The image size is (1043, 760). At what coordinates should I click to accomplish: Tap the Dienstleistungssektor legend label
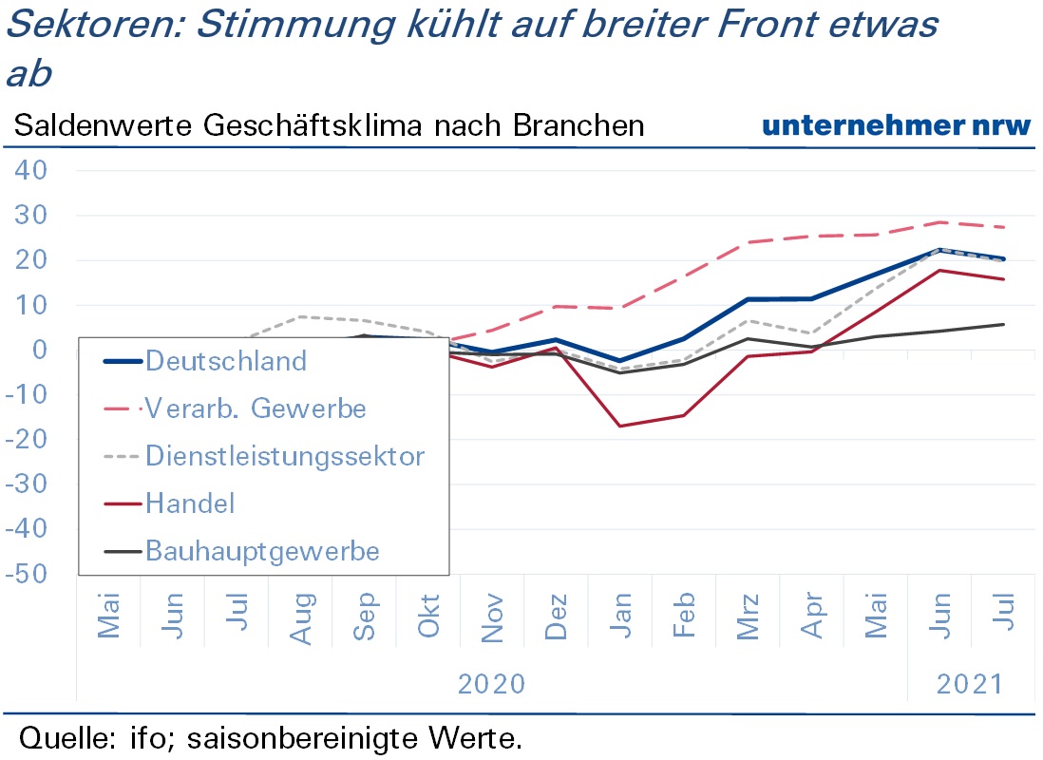coord(285,457)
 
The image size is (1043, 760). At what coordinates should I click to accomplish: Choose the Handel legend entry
coord(190,503)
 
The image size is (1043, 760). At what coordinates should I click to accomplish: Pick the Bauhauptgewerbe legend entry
coord(262,552)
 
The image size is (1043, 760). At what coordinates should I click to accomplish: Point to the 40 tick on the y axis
coord(31,170)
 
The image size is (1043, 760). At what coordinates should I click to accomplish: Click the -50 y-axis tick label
coord(27,574)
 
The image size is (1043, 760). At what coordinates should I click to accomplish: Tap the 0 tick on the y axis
coord(40,350)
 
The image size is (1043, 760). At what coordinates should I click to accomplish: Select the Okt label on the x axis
coord(428,616)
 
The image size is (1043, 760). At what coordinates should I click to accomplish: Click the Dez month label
coord(556,617)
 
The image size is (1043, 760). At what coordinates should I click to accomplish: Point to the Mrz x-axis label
coord(748,617)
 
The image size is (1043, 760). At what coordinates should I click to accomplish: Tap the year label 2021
coord(970,684)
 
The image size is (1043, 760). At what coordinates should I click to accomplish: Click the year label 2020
coord(491,684)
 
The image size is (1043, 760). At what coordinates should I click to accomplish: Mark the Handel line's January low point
coord(620,426)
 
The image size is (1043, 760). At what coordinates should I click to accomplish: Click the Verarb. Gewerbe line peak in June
coord(939,222)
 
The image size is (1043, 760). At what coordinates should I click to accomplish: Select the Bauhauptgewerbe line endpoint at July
coord(1003,324)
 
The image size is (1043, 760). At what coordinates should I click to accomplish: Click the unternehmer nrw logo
coord(896,125)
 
